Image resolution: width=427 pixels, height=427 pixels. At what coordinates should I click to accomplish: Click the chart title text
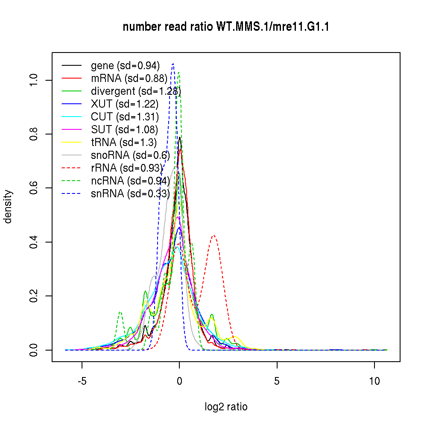pos(226,27)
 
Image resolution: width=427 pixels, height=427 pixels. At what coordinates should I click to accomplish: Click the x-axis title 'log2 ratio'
pos(226,407)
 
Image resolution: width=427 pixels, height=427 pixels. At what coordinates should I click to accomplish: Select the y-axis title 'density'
pos(8,207)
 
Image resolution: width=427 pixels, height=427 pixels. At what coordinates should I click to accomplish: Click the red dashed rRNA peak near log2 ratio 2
pos(213,235)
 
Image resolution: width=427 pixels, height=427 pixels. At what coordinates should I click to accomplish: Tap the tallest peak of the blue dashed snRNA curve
pos(173,64)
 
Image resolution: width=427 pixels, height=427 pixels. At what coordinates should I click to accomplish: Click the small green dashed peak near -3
pos(120,312)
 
